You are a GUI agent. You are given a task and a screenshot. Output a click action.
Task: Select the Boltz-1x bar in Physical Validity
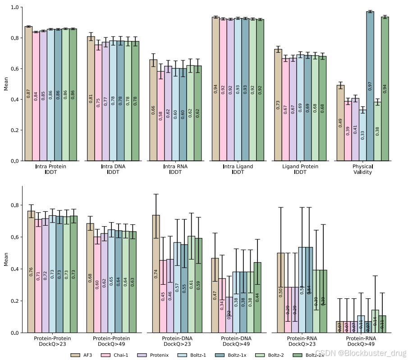(x=370, y=86)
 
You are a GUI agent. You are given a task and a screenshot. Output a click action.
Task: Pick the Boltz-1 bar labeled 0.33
(x=362, y=135)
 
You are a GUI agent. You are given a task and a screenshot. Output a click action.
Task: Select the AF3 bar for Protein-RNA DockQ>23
(x=280, y=292)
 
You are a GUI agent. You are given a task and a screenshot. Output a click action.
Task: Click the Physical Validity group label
(x=362, y=169)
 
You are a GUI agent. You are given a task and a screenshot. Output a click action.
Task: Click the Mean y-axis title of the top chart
(x=6, y=84)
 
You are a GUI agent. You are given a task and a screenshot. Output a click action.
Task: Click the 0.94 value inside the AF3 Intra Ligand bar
(x=215, y=89)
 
